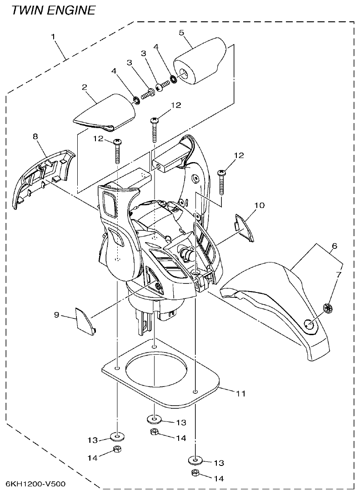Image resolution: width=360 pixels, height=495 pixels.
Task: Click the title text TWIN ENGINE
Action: pyautogui.click(x=54, y=10)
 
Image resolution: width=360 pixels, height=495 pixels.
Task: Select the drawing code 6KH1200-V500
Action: pyautogui.click(x=36, y=484)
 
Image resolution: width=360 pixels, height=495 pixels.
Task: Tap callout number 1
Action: pyautogui.click(x=54, y=35)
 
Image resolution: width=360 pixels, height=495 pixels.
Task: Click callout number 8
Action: pyautogui.click(x=36, y=135)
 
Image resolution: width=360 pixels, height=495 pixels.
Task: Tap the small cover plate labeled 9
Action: pyautogui.click(x=85, y=320)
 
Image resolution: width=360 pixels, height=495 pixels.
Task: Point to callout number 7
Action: pyautogui.click(x=338, y=275)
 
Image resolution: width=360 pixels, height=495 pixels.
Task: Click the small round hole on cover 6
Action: pyautogui.click(x=309, y=324)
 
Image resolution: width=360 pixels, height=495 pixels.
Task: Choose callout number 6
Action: pyautogui.click(x=334, y=246)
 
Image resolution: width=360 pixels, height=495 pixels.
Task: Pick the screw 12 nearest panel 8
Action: pyautogui.click(x=117, y=150)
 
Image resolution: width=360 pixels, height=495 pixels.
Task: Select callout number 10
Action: pyautogui.click(x=259, y=206)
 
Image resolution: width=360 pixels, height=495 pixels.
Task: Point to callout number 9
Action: pyautogui.click(x=57, y=314)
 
